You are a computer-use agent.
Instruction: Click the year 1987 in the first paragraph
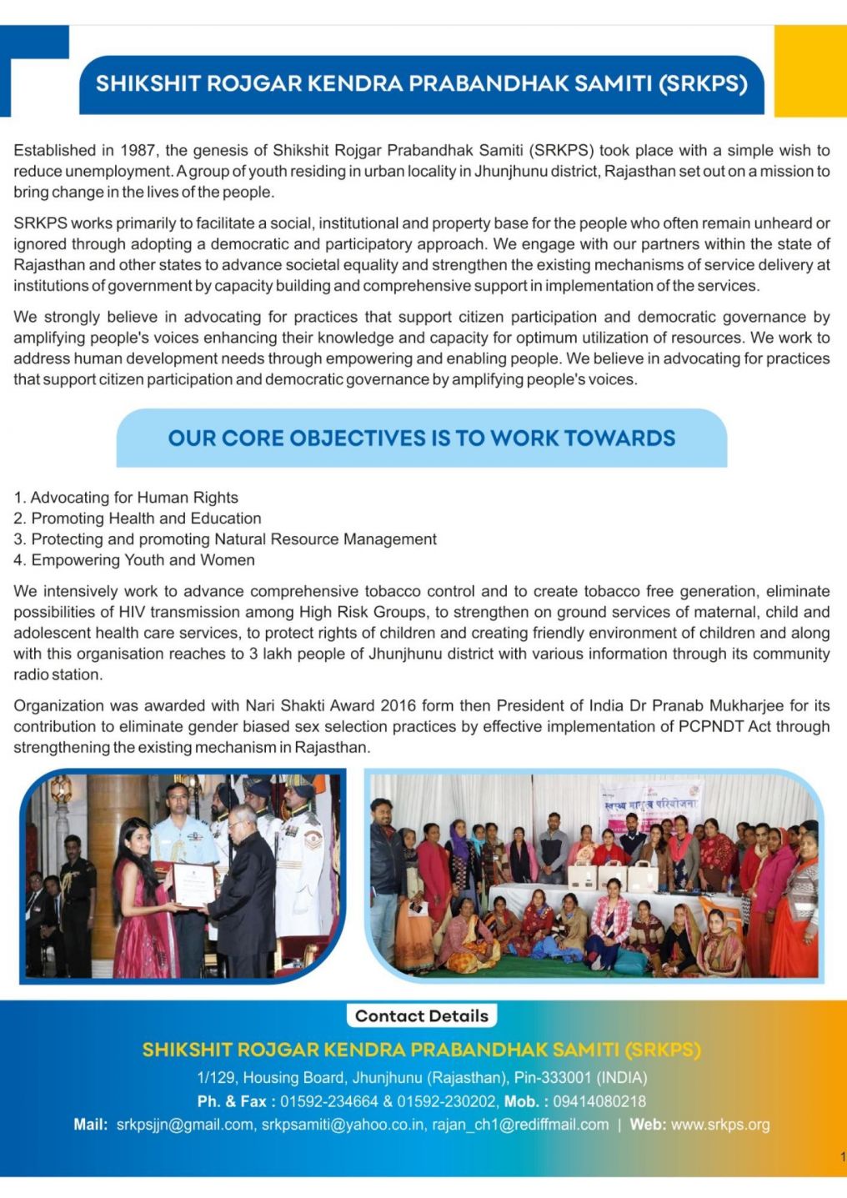138,151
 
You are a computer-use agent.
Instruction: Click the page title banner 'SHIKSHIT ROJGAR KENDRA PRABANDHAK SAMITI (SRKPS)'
421,84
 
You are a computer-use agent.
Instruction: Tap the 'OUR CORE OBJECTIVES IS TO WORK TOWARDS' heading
421,439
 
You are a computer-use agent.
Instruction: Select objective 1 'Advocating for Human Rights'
133,498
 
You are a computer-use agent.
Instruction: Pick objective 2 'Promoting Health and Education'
145,519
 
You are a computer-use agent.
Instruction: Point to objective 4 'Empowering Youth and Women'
142,560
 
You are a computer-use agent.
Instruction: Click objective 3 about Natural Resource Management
233,539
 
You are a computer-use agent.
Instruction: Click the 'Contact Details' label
421,1016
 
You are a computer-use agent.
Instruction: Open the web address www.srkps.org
720,1125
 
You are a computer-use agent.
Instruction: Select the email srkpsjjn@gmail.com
185,1125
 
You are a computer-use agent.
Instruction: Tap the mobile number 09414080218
599,1102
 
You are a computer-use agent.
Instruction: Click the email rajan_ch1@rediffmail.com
520,1125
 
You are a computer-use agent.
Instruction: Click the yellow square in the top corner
809,71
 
